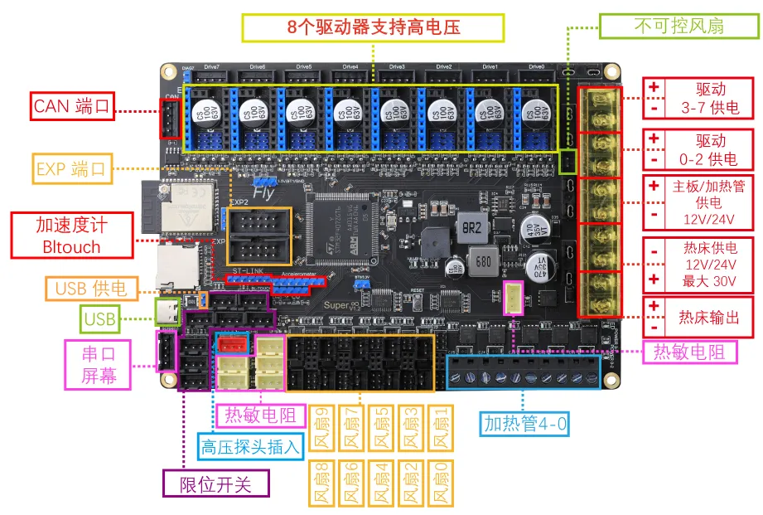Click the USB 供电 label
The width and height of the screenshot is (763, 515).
[x=91, y=289]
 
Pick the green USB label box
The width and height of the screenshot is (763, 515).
[x=99, y=318]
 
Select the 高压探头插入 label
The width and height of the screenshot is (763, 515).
[x=250, y=447]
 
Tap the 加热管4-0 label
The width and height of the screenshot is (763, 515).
[x=526, y=425]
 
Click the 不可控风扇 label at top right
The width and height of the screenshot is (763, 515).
[x=678, y=26]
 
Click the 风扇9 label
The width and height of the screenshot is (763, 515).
[x=322, y=427]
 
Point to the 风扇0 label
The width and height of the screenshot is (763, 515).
[x=442, y=483]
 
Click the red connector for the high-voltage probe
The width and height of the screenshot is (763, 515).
[x=232, y=344]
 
